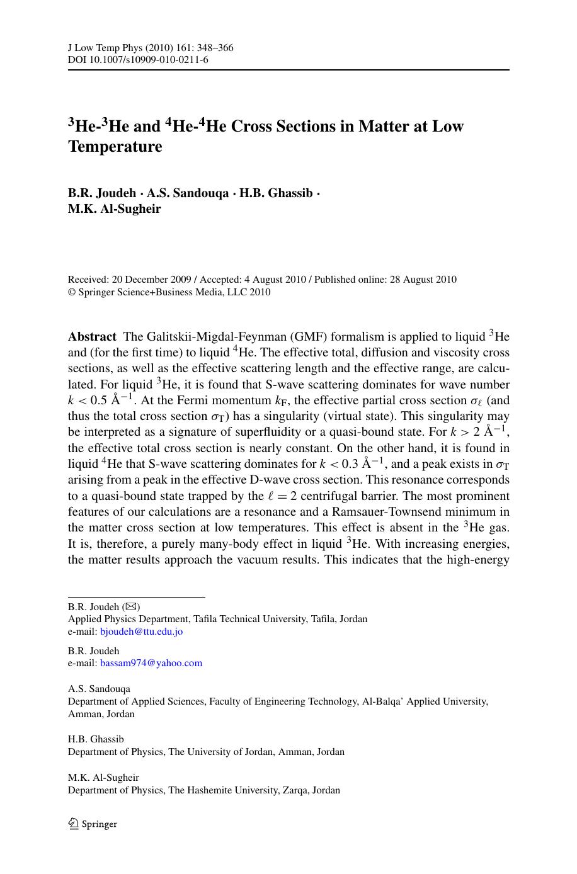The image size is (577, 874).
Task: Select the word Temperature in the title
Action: [x=115, y=147]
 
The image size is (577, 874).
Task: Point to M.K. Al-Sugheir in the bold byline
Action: [x=114, y=209]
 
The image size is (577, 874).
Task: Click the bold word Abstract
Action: [x=92, y=337]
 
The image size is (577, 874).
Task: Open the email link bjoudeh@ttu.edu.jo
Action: [x=141, y=632]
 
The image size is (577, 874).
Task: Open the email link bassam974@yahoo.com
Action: [x=151, y=663]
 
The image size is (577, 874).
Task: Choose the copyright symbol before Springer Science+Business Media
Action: [x=72, y=292]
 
